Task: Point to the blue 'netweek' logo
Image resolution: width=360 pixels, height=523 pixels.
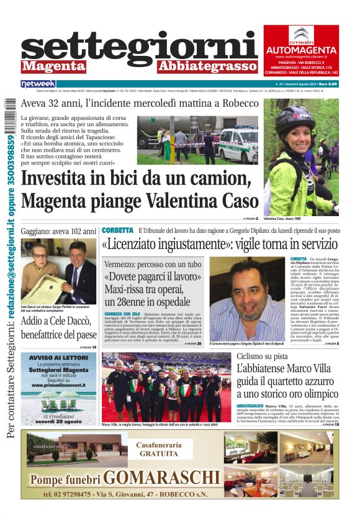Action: click(x=38, y=84)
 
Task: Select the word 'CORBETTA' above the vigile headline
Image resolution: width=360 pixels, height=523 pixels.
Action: click(x=117, y=230)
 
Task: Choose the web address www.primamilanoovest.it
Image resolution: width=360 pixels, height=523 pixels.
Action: click(x=59, y=385)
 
